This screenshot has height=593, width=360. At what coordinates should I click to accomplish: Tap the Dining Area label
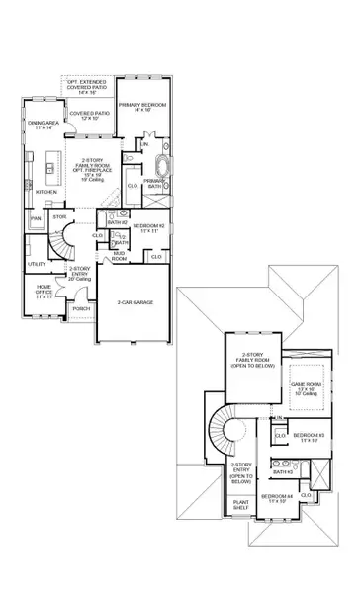coord(41,125)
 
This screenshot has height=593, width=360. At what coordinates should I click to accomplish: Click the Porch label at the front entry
coord(81,308)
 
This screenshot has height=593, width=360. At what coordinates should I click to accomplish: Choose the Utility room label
coord(37,265)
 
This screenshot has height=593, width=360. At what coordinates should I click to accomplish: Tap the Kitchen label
coord(46,192)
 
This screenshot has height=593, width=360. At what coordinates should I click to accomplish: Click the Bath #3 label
coord(283,471)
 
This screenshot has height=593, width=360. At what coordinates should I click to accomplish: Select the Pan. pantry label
coord(36,218)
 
